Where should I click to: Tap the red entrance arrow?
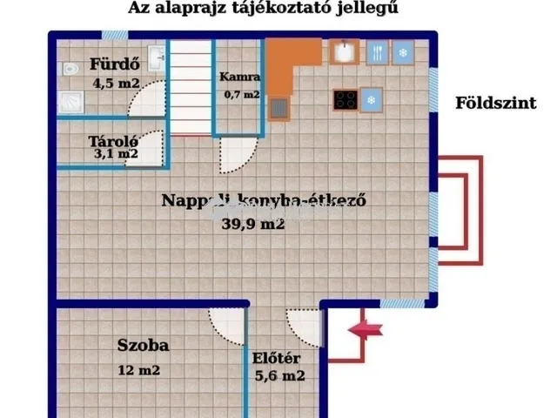pyautogui.click(x=366, y=329)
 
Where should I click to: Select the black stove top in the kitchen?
pyautogui.click(x=345, y=99)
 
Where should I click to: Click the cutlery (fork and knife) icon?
pyautogui.click(x=377, y=52)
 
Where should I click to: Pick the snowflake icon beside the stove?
pyautogui.click(x=372, y=99)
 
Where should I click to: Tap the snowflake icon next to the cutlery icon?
pyautogui.click(x=403, y=52)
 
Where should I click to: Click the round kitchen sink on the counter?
pyautogui.click(x=346, y=52)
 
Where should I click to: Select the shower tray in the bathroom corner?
pyautogui.click(x=70, y=102)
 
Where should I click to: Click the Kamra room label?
pyautogui.click(x=238, y=77)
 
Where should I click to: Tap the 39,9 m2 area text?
pyautogui.click(x=253, y=223)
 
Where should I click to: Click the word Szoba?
pyautogui.click(x=144, y=345)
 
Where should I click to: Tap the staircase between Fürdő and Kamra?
pyautogui.click(x=190, y=87)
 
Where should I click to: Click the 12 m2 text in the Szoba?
pyautogui.click(x=139, y=370)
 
